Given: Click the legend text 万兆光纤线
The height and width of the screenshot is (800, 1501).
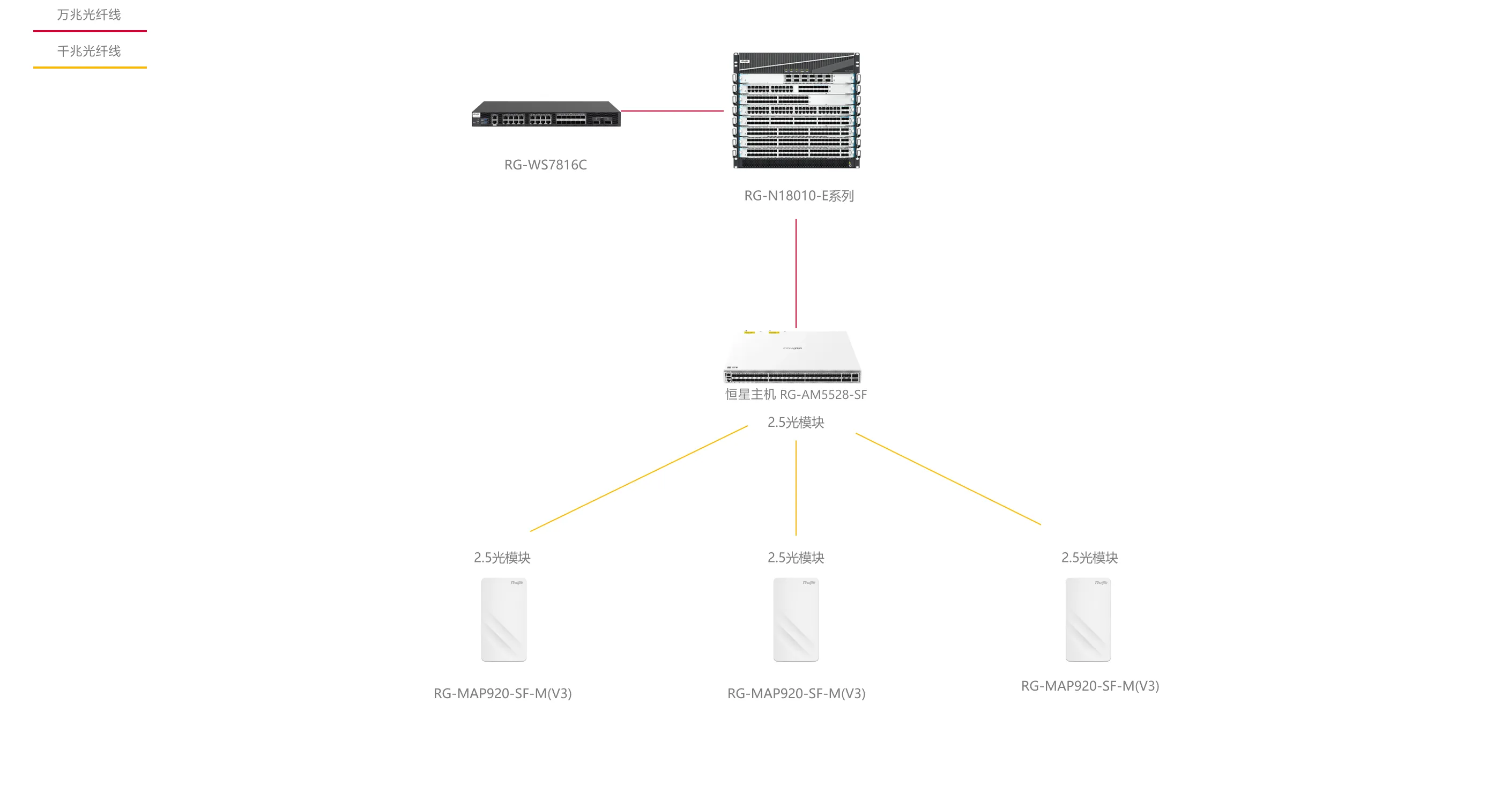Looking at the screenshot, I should [x=88, y=14].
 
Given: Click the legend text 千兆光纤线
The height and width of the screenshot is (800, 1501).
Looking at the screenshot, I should [x=88, y=51].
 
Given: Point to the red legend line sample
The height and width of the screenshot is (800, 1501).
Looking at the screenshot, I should [x=90, y=31].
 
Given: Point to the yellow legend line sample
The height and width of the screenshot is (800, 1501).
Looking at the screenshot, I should [x=90, y=68].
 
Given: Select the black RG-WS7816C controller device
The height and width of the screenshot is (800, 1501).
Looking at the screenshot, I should [x=545, y=114].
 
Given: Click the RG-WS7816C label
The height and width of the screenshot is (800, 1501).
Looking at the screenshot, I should [x=545, y=165].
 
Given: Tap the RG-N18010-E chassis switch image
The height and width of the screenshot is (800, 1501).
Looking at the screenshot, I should [x=796, y=110].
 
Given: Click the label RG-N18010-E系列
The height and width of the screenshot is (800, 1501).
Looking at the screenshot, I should [x=799, y=196].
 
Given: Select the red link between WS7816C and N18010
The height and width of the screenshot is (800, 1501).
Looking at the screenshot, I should [x=672, y=110].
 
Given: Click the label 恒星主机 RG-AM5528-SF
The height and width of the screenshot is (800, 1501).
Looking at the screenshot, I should [x=796, y=395].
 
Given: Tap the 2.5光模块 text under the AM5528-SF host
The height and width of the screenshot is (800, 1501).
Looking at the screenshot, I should [x=796, y=423].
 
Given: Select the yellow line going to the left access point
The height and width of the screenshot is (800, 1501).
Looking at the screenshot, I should [x=638, y=478].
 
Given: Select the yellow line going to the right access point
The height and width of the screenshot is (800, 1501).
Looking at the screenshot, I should [x=948, y=479].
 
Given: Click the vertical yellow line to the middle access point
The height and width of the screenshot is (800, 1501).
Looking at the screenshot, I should [x=796, y=488].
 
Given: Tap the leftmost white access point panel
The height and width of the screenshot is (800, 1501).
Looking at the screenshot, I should [x=503, y=619].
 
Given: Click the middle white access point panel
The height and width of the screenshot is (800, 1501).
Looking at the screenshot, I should [x=796, y=619].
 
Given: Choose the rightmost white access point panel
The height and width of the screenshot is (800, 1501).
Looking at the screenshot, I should [x=1088, y=619].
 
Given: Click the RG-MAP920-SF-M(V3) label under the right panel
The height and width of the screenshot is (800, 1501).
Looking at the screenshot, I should [x=1090, y=686].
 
